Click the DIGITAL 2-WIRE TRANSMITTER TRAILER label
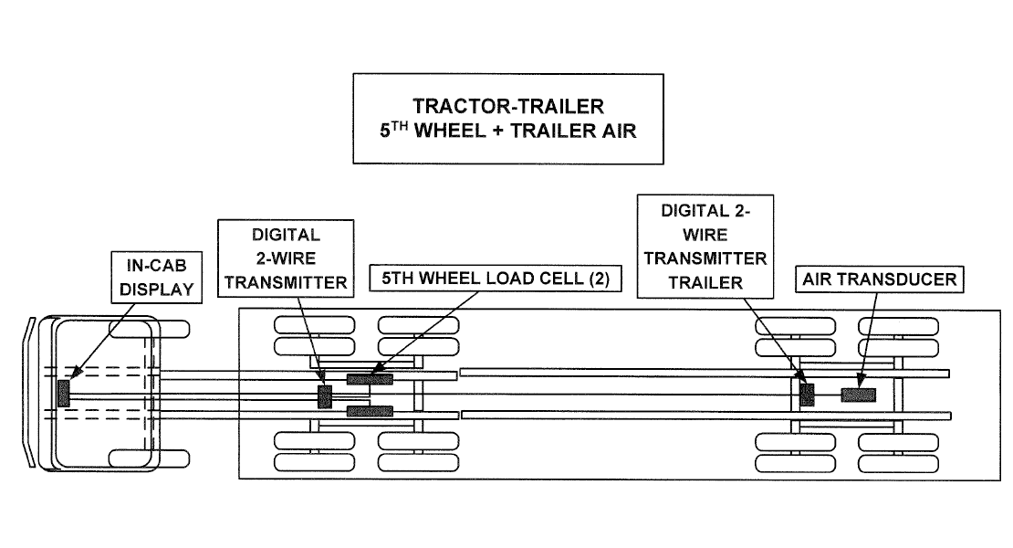(x=705, y=246)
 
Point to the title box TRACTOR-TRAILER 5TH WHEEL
(x=507, y=119)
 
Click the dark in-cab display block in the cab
(x=63, y=394)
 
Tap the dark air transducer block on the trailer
(x=858, y=395)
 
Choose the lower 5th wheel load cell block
(x=370, y=411)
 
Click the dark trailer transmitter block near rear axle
(x=806, y=395)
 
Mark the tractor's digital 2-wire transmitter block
(x=324, y=396)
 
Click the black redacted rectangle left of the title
(x=168, y=120)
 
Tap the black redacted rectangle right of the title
(x=846, y=120)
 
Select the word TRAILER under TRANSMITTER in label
(x=705, y=282)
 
